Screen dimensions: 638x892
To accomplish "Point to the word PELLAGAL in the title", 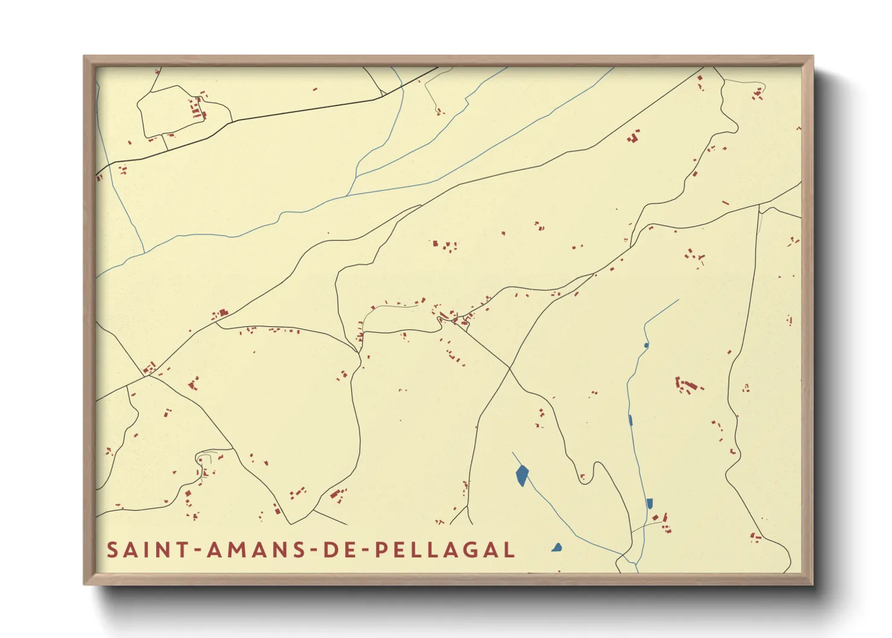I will pos(445,550).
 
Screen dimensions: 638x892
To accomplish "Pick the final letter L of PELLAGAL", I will pos(510,550).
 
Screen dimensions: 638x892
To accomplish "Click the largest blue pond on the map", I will pos(522,475).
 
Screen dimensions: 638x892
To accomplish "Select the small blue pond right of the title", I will pos(557,548).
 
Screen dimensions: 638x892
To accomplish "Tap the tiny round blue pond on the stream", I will pos(646,346).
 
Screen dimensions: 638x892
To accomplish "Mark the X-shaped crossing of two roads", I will pos(509,368).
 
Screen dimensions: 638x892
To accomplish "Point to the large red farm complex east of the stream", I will pos(687,385).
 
